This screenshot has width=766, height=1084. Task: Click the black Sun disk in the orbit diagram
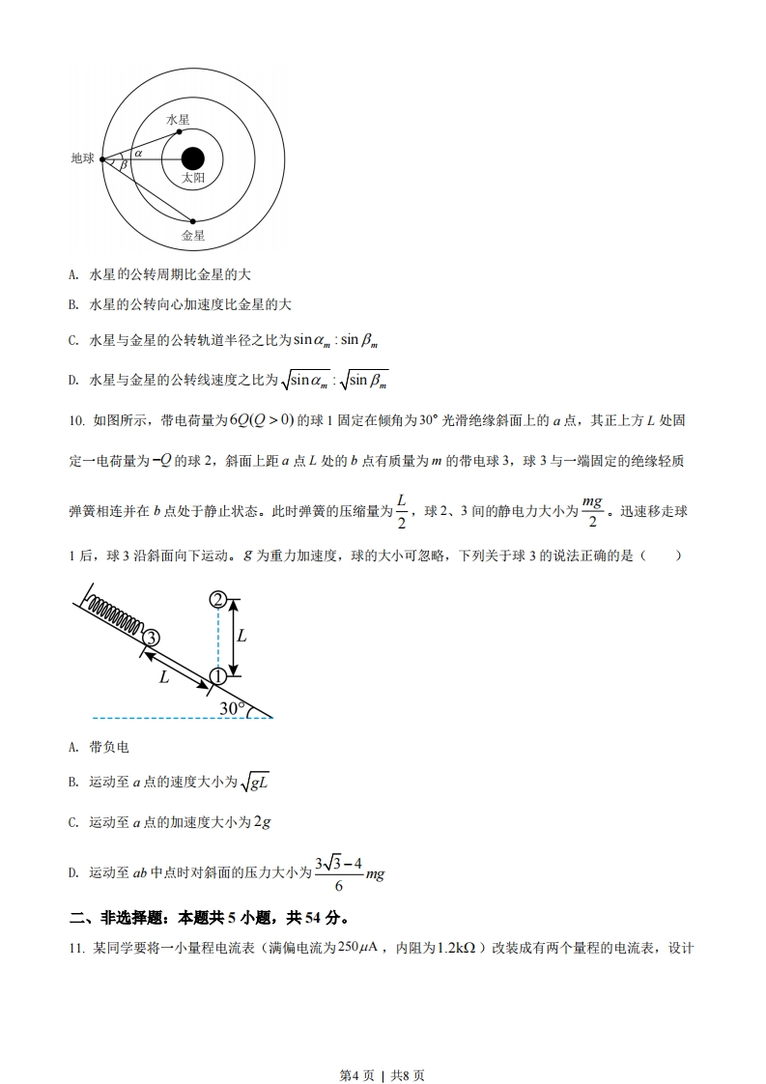193,158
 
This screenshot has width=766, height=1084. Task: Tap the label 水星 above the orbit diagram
178,119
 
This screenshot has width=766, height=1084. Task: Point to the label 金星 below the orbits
193,235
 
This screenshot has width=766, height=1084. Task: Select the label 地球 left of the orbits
83,158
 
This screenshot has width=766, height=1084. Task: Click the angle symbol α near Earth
138,153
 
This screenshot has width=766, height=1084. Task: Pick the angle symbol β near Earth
123,165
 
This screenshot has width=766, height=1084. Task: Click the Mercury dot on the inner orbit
180,131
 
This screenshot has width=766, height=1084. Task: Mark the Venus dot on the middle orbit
193,220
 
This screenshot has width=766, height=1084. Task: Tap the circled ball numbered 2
218,600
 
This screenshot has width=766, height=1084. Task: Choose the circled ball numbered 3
151,637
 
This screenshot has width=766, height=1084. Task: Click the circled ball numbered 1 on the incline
218,676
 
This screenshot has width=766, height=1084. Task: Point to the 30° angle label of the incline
233,708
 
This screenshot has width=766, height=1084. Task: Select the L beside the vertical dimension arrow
241,636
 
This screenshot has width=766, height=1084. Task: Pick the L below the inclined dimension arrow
164,677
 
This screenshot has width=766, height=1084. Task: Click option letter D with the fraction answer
73,872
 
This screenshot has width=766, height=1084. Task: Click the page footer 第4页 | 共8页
383,1047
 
